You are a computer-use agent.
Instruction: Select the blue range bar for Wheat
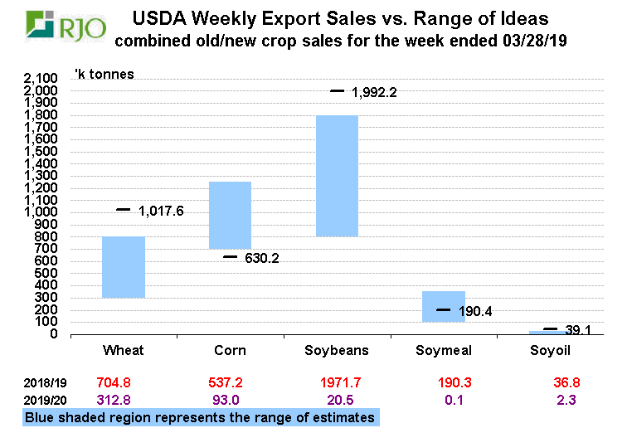coord(124,267)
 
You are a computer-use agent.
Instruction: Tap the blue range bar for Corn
coord(230,215)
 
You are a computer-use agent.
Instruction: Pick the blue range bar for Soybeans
coord(337,176)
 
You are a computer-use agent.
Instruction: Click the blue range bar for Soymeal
coord(443,307)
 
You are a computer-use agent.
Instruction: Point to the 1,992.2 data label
coord(375,92)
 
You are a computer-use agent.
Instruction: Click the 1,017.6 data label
coord(161,211)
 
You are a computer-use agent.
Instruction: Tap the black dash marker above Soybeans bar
coord(337,90)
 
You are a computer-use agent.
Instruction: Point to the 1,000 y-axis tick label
coord(40,212)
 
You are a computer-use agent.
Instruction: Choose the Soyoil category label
coord(550,350)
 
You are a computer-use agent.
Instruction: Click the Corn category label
coord(230,350)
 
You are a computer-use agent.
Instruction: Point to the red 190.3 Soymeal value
coord(443,384)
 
